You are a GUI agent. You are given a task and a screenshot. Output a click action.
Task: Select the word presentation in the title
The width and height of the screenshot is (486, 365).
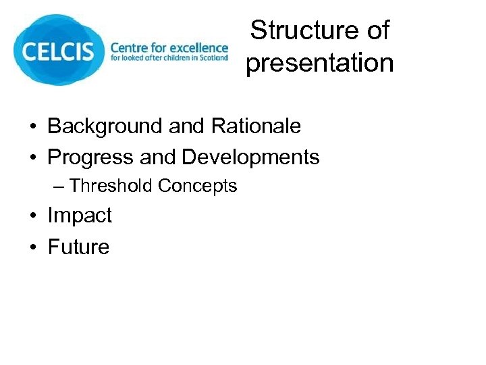[319, 63]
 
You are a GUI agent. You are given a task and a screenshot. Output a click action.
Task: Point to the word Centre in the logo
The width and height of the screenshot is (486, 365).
[130, 48]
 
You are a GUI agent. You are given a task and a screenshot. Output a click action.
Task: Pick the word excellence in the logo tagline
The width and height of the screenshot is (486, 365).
[200, 48]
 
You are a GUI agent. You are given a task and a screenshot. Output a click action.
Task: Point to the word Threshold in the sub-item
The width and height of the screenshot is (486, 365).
[111, 186]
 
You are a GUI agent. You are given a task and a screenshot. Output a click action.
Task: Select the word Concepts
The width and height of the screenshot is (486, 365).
[197, 186]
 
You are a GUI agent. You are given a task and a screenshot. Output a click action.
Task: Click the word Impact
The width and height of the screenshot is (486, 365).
[79, 216]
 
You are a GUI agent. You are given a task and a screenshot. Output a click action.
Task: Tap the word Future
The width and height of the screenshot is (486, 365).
[78, 247]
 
